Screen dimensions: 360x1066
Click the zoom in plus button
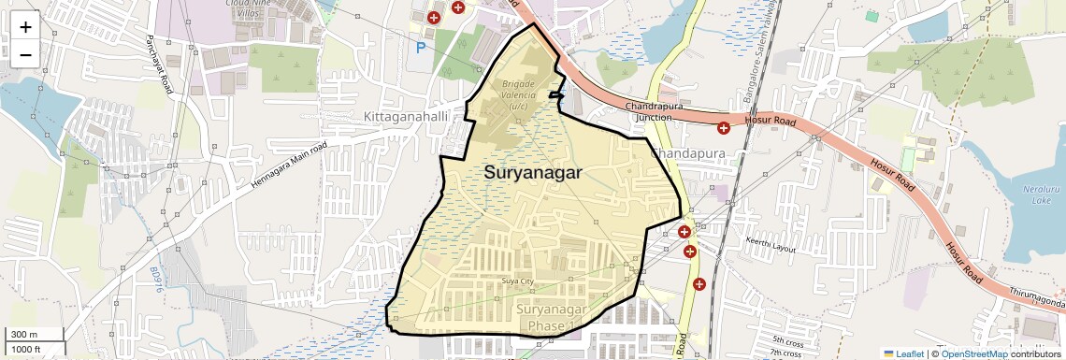coord(25,26)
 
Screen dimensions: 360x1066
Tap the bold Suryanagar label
coord(533,173)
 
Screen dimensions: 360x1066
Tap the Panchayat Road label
coord(159,65)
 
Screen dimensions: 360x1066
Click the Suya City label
coord(517,281)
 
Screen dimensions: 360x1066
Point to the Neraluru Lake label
coord(1036,194)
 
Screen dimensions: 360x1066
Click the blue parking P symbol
coord(421,47)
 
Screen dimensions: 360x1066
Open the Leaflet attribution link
coord(903,353)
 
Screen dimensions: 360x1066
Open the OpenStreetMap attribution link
coord(973,353)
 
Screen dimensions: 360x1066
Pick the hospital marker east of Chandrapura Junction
coord(723,127)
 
